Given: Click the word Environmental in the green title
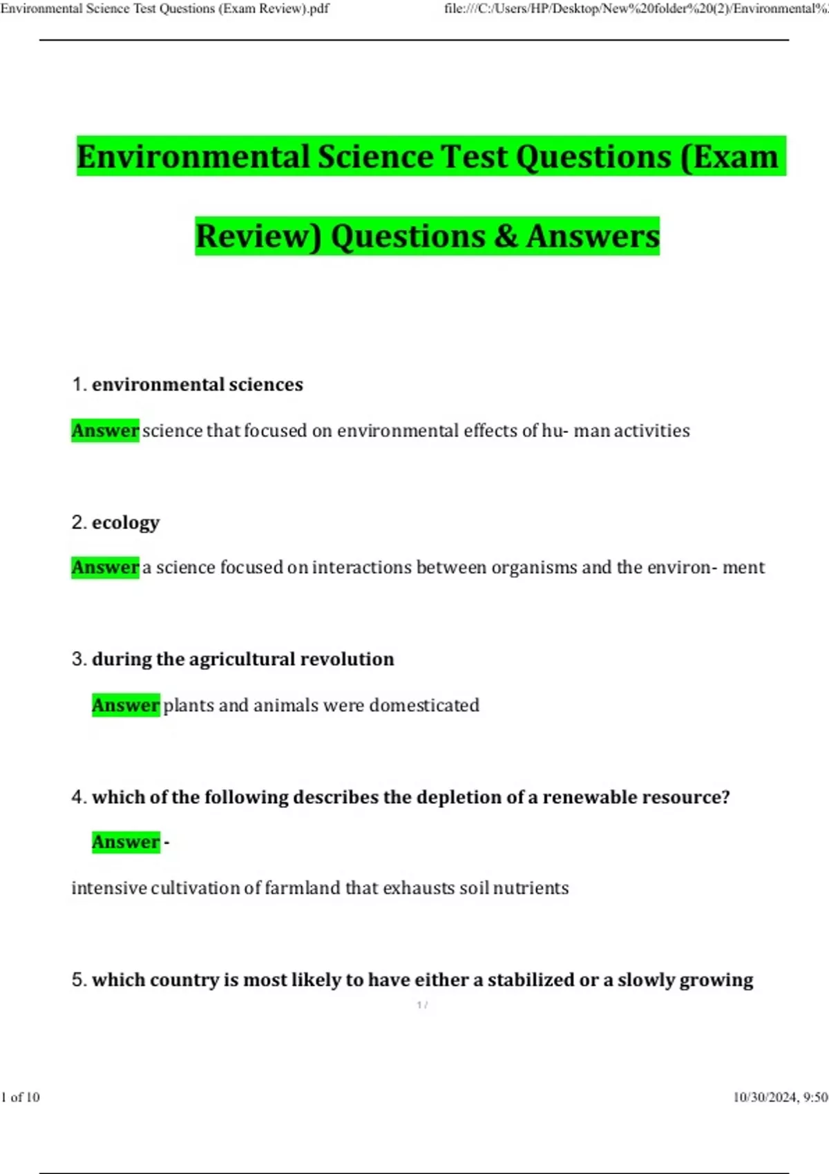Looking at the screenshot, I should pyautogui.click(x=193, y=156).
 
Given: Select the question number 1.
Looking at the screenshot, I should pyautogui.click(x=78, y=385).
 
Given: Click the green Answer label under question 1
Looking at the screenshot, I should pyautogui.click(x=105, y=431).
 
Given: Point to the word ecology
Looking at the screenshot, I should pyautogui.click(x=126, y=523).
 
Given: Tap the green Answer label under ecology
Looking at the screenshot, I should pyautogui.click(x=105, y=568).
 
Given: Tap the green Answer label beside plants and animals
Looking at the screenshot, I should pyautogui.click(x=126, y=706).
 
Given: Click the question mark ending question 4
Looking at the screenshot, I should pyautogui.click(x=725, y=798).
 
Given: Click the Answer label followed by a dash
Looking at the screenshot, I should pyautogui.click(x=126, y=843).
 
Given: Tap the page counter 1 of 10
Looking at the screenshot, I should pyautogui.click(x=21, y=1097).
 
